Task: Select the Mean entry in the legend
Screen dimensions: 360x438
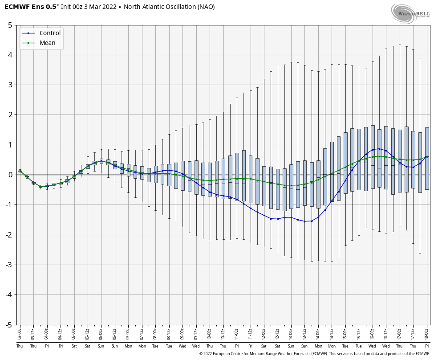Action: point(47,43)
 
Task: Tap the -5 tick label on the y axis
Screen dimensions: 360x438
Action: point(9,325)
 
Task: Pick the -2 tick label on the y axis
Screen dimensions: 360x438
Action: point(9,235)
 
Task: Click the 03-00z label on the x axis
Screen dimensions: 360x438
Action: point(20,332)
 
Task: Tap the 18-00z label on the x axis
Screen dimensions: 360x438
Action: point(427,332)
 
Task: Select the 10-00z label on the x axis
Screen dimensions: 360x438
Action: point(210,332)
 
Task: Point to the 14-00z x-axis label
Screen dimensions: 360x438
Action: point(318,332)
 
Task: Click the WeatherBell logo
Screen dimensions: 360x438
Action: point(410,14)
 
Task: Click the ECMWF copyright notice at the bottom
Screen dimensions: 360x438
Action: point(314,354)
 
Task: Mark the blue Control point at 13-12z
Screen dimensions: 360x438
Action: point(304,221)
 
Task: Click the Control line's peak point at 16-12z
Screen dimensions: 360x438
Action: point(379,149)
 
